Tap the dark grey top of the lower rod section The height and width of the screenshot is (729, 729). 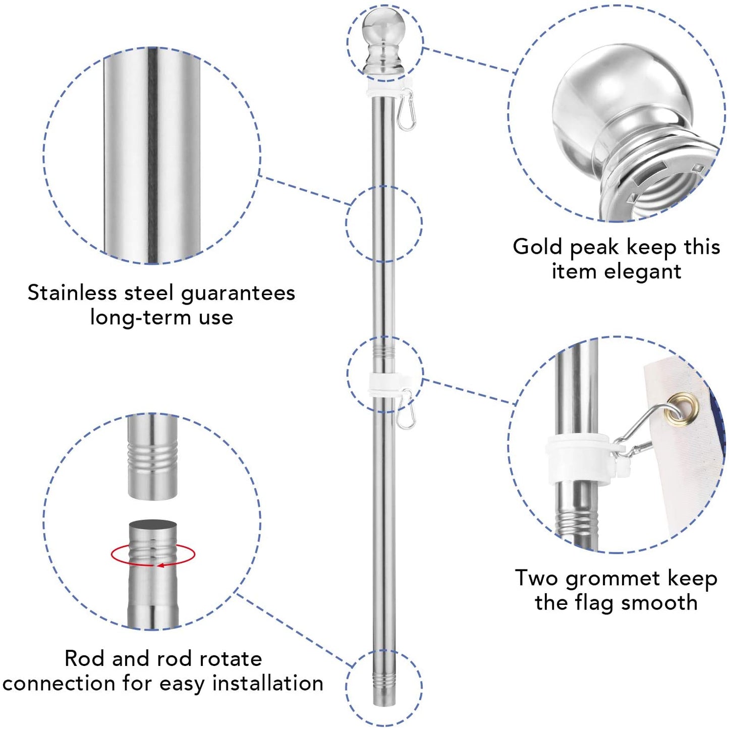point(153,526)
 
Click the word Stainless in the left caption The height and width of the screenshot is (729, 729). point(72,293)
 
